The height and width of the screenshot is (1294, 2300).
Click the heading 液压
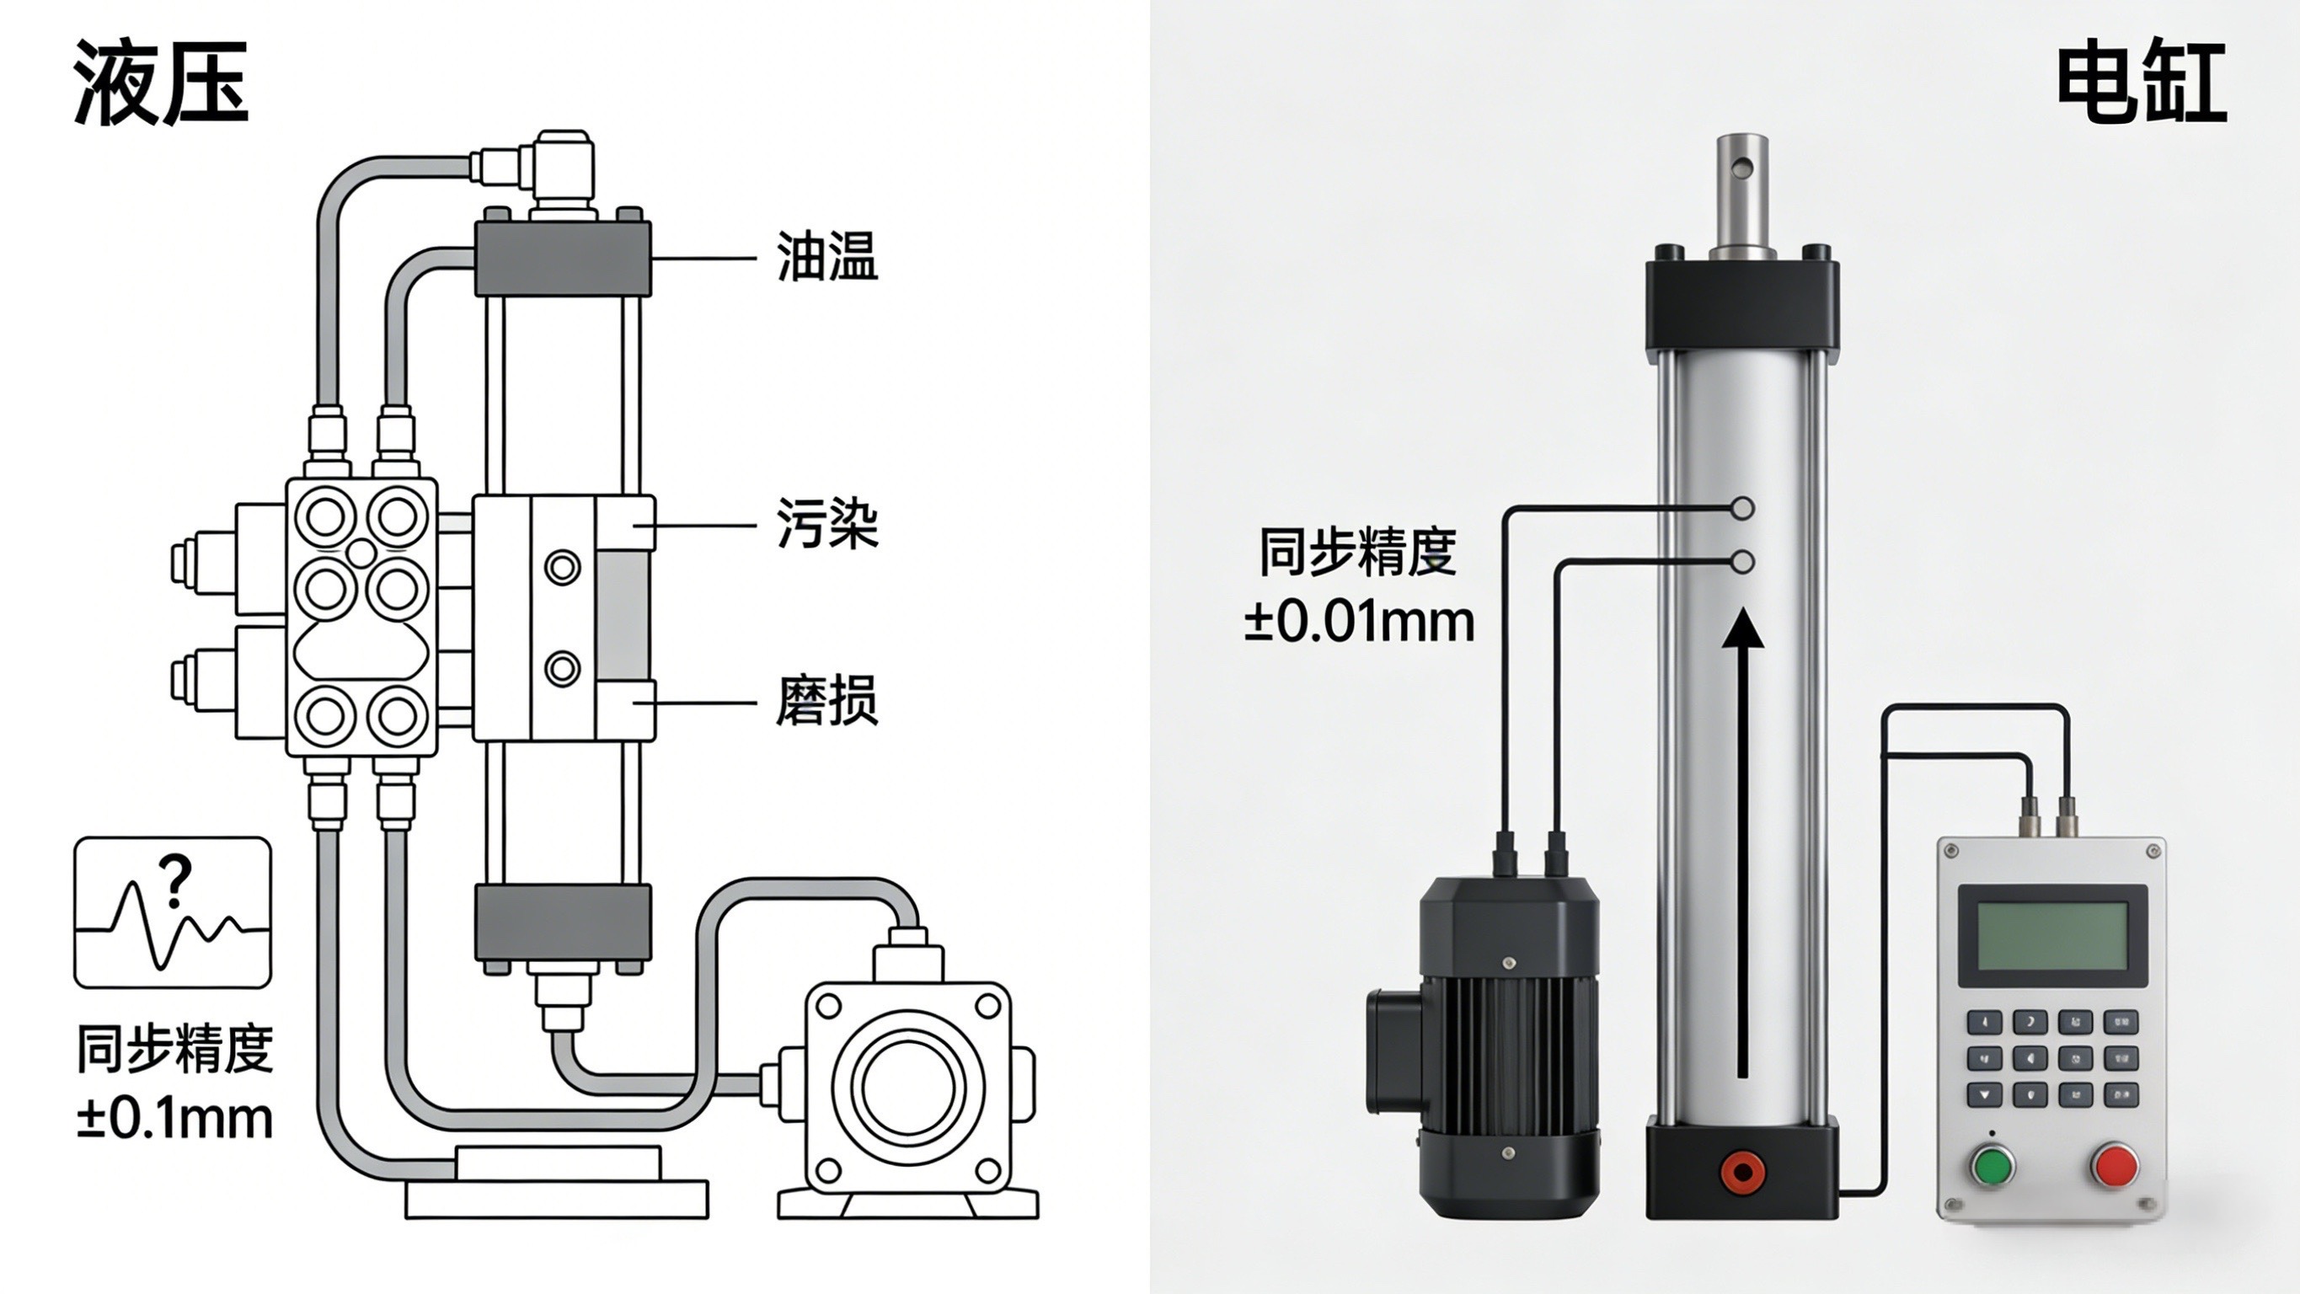click(x=161, y=83)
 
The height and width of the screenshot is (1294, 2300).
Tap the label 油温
click(x=826, y=256)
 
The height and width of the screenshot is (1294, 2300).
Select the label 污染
click(x=826, y=522)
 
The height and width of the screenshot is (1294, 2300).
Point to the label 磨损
click(x=826, y=700)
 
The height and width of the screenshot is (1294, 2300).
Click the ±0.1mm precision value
click(x=174, y=1119)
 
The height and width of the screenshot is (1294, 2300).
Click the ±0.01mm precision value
click(x=1359, y=622)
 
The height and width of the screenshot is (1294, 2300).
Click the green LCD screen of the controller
click(x=2052, y=936)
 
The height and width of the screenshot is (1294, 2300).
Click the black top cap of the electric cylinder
click(x=1741, y=304)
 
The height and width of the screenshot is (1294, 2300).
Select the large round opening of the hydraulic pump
click(x=908, y=1088)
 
